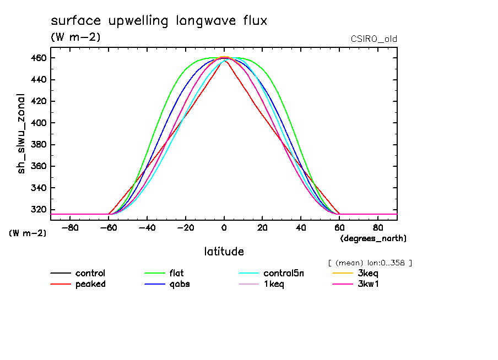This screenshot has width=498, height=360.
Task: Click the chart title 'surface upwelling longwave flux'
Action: pyautogui.click(x=159, y=21)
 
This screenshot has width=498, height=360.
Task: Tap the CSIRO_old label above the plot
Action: pyautogui.click(x=373, y=39)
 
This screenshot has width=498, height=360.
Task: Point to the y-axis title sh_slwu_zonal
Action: pyautogui.click(x=22, y=133)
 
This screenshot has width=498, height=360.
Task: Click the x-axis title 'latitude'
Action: pyautogui.click(x=224, y=252)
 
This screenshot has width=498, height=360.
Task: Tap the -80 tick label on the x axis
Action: pyautogui.click(x=70, y=227)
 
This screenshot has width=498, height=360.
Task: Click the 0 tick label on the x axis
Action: pyautogui.click(x=224, y=227)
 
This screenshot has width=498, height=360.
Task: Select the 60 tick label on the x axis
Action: pyautogui.click(x=339, y=227)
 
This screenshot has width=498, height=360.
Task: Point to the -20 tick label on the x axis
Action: pyautogui.click(x=185, y=227)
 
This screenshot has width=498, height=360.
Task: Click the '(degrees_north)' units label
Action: pyautogui.click(x=373, y=238)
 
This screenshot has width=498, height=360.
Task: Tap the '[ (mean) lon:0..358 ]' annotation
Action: pyautogui.click(x=370, y=263)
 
